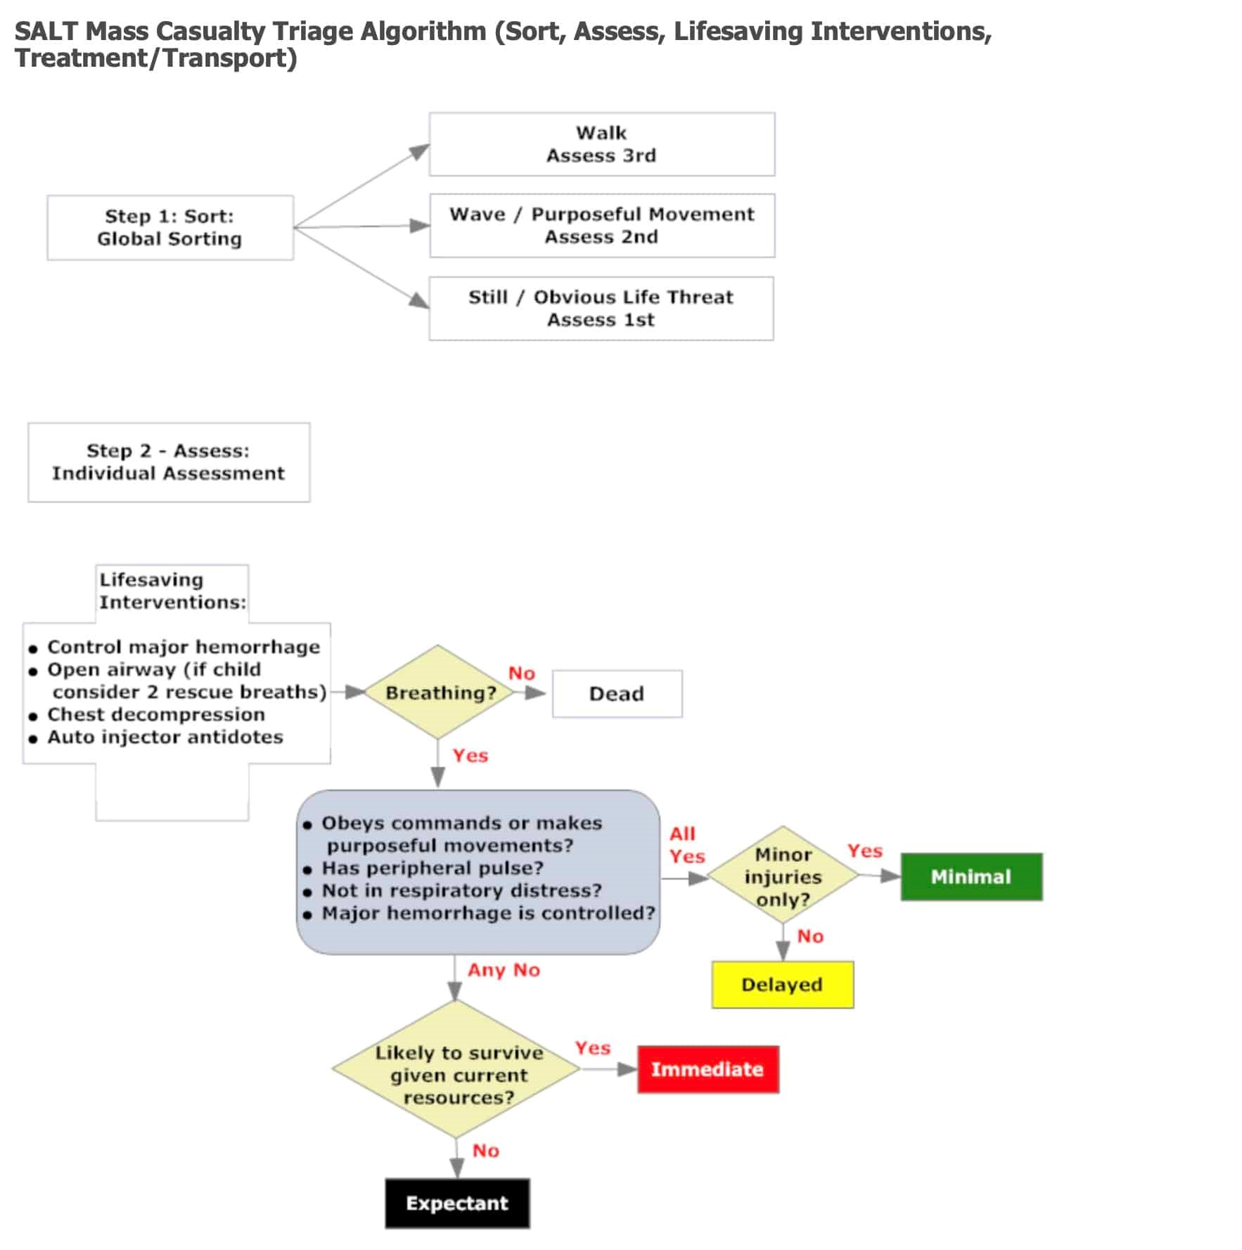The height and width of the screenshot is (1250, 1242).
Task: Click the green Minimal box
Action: coord(971,877)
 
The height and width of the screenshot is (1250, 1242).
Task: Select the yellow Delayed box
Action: coord(782,984)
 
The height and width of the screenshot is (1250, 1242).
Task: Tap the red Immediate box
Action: coord(708,1069)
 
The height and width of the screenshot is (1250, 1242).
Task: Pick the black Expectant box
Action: coord(457,1203)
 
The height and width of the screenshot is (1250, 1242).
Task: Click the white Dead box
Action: coord(617,694)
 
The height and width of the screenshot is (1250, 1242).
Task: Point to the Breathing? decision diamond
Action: coord(438,692)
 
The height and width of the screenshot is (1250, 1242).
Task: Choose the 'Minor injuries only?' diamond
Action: coord(783,876)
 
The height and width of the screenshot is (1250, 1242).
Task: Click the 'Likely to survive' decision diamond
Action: coord(456,1069)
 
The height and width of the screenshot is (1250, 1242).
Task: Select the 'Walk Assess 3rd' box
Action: coord(602,144)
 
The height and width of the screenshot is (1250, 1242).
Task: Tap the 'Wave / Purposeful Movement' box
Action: coord(602,226)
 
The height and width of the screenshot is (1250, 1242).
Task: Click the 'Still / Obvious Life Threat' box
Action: coord(601,309)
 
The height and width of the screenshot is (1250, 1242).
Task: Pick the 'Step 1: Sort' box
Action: coord(170,228)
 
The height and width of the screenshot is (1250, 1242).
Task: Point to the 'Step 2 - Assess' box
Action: coord(169,462)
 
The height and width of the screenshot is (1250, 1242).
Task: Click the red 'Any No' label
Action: coord(504,970)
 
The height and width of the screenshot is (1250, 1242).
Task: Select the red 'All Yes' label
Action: coord(686,845)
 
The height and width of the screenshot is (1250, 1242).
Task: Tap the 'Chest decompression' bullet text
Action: coord(156,715)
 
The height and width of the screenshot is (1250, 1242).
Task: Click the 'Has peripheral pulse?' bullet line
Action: coord(433,868)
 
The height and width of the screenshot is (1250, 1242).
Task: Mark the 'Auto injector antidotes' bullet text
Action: coord(165,737)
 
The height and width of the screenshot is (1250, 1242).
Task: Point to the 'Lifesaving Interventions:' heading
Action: coord(172,591)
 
